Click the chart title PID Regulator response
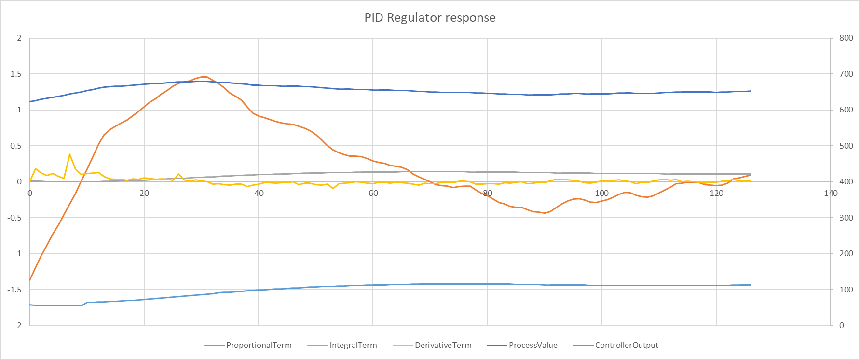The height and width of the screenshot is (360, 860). pos(430,18)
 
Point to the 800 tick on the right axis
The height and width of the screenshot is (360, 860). pos(846,38)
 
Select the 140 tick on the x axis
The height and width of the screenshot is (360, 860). pos(831,193)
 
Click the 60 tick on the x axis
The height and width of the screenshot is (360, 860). pos(373,193)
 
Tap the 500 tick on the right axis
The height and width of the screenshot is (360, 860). pos(846,146)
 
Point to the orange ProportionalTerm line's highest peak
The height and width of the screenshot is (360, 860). pos(204,77)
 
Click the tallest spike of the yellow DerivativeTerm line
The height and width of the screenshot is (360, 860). pos(70,154)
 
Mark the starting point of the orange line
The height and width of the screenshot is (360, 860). pos(30,280)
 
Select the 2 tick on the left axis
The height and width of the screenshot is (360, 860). pos(19,38)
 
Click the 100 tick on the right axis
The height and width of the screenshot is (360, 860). pos(846,290)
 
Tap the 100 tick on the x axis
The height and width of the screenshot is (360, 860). pos(601,193)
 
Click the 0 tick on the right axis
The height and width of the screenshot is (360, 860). pos(842,325)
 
